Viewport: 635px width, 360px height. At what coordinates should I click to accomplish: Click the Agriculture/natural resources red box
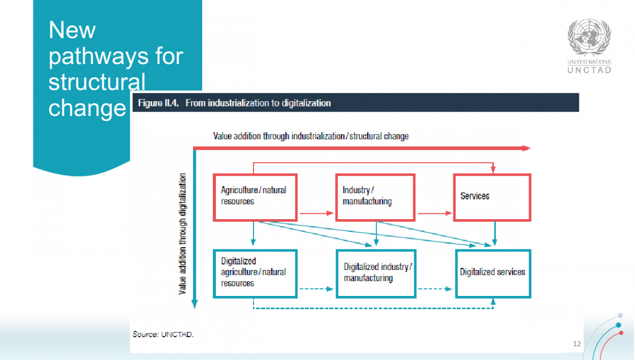(255, 197)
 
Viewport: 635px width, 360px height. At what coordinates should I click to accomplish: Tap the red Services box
(492, 197)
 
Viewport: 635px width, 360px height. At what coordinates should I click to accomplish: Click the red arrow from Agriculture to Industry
(316, 214)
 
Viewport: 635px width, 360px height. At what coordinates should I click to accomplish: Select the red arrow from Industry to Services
(436, 214)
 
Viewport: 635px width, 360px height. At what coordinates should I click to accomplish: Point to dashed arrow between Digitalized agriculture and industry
(316, 289)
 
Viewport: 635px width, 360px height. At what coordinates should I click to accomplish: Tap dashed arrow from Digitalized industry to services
(436, 289)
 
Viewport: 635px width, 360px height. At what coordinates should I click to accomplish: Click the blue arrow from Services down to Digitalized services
(495, 233)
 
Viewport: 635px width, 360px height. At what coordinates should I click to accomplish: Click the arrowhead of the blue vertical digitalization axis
(194, 304)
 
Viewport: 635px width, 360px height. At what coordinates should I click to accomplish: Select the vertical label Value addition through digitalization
(183, 233)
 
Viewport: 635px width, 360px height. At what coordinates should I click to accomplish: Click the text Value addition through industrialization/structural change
(311, 136)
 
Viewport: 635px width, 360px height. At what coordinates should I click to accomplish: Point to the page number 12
(577, 344)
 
